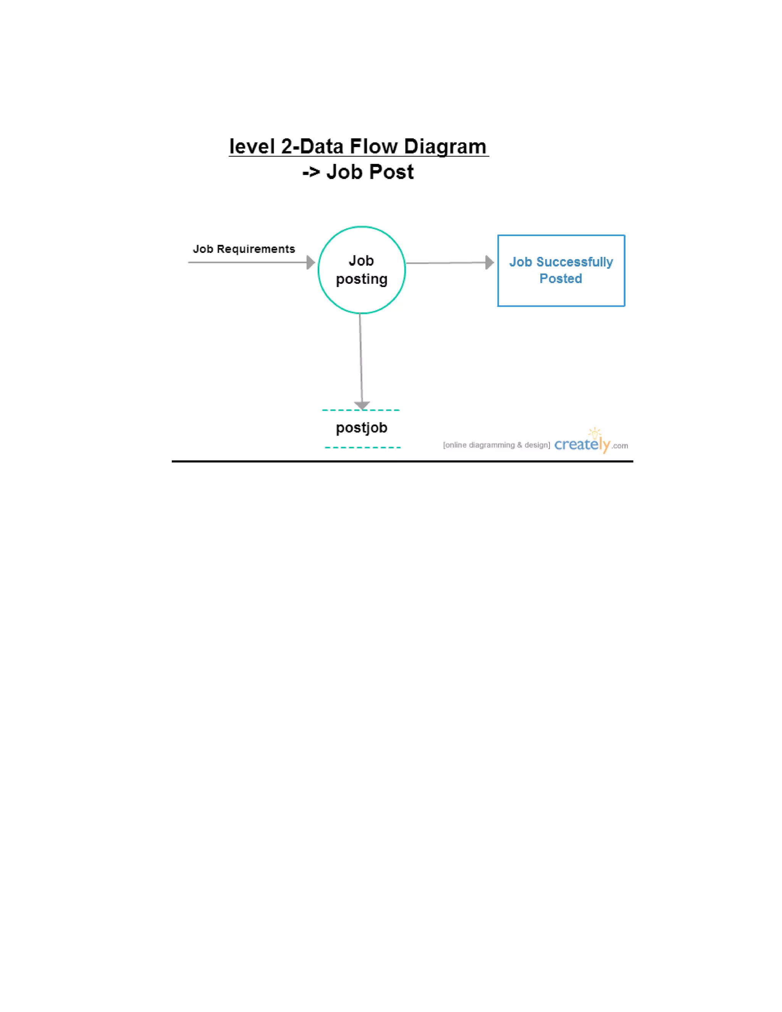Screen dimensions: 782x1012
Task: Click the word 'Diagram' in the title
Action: coord(445,147)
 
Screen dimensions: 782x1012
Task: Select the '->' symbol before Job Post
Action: coord(311,172)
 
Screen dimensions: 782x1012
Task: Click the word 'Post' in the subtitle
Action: coord(391,172)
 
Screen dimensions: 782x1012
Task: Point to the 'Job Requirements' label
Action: coord(244,249)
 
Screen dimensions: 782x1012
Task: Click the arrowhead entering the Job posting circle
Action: coord(311,262)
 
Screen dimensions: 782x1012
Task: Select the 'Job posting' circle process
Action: coord(362,226)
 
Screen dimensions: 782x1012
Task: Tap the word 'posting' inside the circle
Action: coord(362,280)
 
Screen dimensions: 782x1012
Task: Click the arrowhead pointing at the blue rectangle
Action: coord(490,262)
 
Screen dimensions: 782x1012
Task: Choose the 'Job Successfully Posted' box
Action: coord(561,235)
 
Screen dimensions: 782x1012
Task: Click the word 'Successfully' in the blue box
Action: coord(574,262)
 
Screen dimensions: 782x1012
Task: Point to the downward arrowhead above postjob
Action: coord(362,406)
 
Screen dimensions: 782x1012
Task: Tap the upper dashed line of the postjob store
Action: coord(361,410)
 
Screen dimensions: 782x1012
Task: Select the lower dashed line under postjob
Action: coord(363,447)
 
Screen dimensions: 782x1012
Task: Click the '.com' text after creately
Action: coord(620,446)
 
